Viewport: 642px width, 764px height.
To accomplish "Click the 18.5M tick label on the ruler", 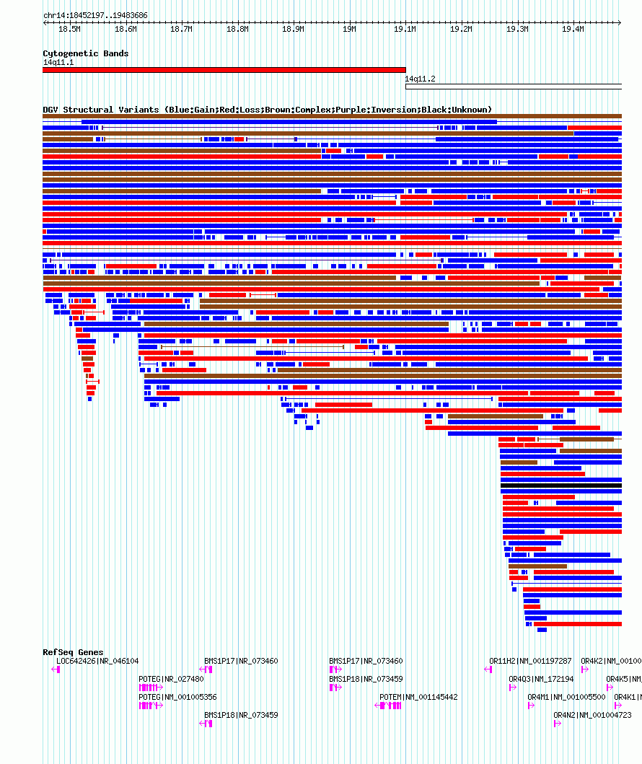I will (69, 29).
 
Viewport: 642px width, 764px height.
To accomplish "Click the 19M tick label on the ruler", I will (349, 29).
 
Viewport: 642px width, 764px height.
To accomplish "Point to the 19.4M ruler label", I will (573, 29).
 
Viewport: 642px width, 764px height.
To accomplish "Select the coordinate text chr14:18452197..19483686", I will (95, 15).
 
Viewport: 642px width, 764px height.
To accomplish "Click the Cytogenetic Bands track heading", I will (85, 53).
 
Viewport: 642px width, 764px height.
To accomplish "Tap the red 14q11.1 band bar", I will (224, 70).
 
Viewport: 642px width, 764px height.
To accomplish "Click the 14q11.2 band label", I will (420, 79).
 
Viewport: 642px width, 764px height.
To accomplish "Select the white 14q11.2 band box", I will (513, 87).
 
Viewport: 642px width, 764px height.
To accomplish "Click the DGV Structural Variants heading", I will (267, 110).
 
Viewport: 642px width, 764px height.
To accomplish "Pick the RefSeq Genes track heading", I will (73, 652).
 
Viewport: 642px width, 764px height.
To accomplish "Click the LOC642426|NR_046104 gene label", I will (97, 661).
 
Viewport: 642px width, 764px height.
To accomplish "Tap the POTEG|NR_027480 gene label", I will (171, 679).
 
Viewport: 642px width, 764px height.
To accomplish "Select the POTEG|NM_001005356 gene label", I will (177, 697).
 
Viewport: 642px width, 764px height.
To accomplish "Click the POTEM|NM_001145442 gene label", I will (418, 697).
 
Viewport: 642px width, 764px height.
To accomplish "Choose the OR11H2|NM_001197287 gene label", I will (530, 661).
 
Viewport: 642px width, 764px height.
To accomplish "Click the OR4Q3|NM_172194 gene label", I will (541, 679).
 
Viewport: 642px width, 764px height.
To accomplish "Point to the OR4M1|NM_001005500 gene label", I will (566, 697).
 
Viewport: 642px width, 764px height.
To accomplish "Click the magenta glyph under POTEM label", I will (390, 706).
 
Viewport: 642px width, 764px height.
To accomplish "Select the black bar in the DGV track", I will (560, 486).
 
